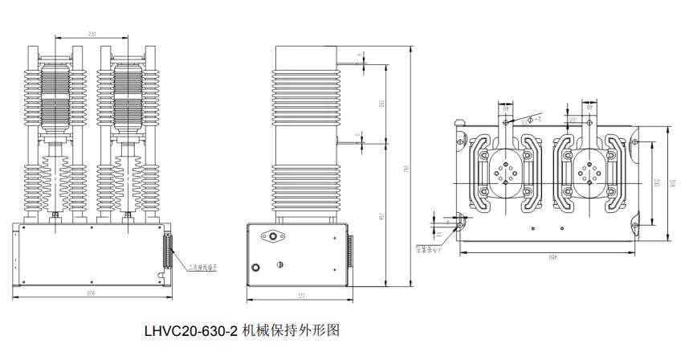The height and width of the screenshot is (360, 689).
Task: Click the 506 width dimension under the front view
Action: [x=91, y=294]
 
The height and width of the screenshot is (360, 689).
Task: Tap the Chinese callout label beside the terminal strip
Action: [x=203, y=264]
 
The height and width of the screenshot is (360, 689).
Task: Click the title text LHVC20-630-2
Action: [x=191, y=329]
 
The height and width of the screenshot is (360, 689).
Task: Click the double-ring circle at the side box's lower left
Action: [x=256, y=268]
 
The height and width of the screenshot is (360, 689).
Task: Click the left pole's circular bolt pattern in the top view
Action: [x=508, y=174]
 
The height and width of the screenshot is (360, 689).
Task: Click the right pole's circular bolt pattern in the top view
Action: [x=591, y=174]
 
